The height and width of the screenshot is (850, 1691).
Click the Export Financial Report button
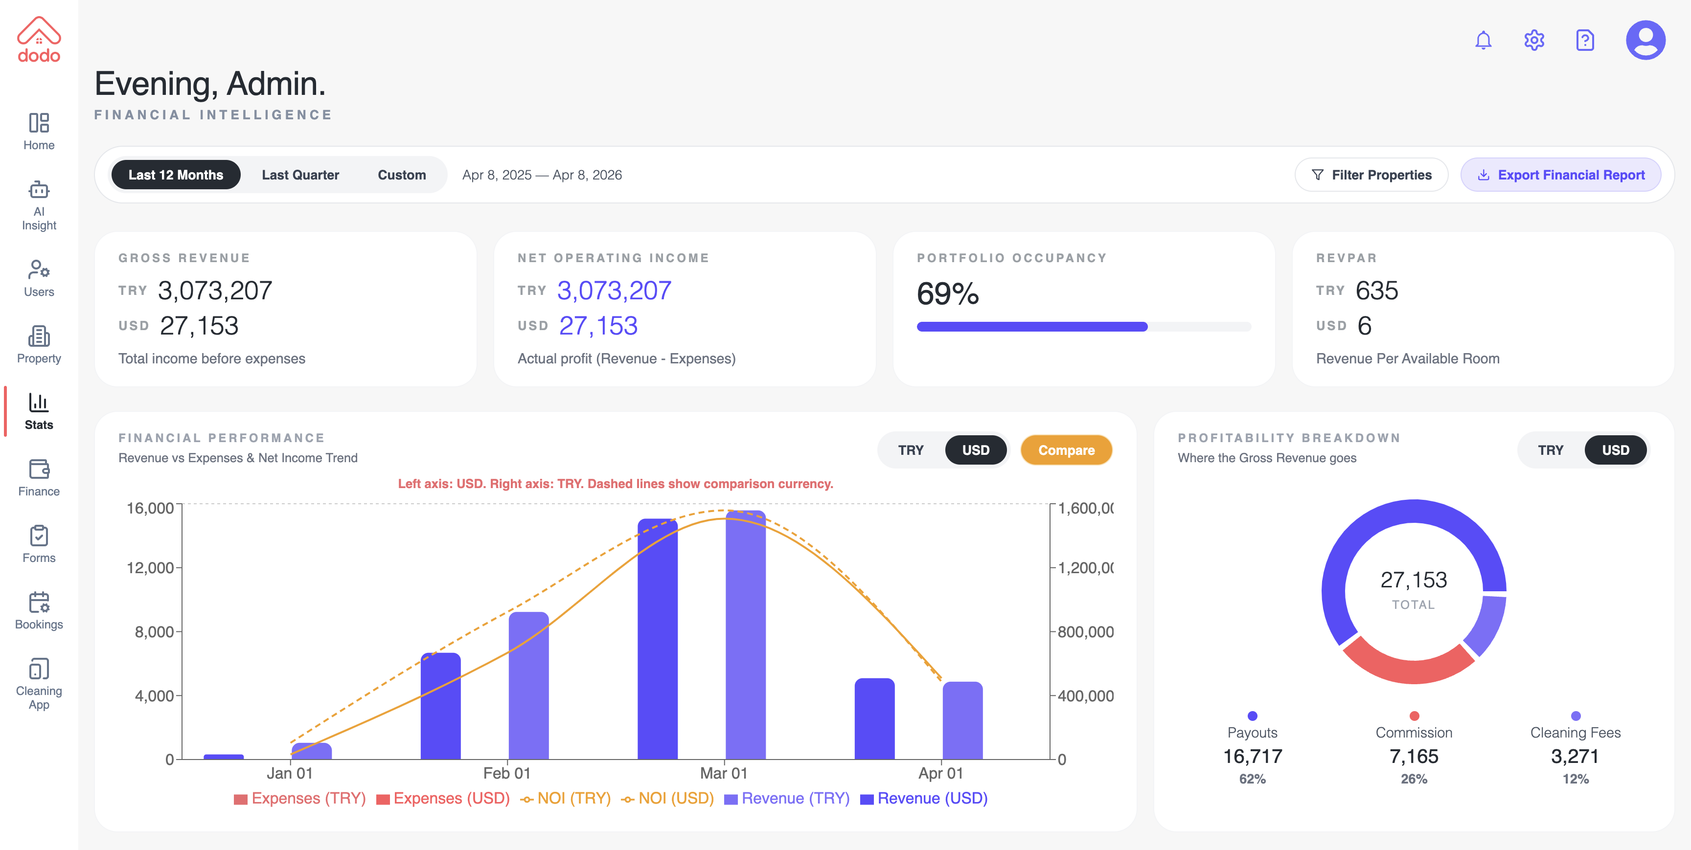tap(1560, 175)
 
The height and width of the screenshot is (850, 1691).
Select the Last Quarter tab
tap(300, 175)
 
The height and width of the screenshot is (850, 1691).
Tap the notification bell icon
tap(1483, 41)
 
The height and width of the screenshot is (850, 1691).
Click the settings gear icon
tap(1533, 41)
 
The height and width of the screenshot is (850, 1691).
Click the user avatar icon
tap(1645, 41)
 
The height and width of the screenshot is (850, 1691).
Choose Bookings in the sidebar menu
tap(39, 610)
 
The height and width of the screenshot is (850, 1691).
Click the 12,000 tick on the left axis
tap(150, 568)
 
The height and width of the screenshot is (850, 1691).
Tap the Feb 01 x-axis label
tap(506, 773)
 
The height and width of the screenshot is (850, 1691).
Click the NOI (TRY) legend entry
tap(565, 799)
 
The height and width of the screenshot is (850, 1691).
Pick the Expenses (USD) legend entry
tap(443, 799)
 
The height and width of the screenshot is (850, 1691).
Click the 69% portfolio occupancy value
tap(947, 293)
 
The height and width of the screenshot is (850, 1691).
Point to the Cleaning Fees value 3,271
tap(1575, 757)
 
